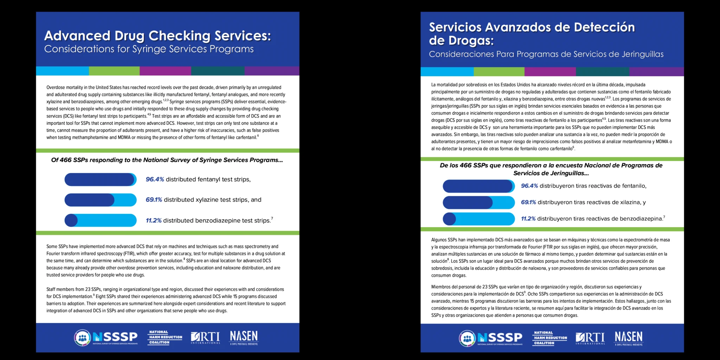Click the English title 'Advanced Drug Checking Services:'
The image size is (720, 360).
click(x=157, y=36)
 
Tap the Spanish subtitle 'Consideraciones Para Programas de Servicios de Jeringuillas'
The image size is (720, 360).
click(x=546, y=54)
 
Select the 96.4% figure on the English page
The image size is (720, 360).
click(x=155, y=179)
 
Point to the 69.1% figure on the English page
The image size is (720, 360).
click(x=154, y=200)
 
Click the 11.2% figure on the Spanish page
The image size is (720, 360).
click(x=528, y=219)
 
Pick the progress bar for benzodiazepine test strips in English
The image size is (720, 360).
click(x=100, y=220)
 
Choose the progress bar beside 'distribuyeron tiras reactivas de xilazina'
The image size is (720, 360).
click(x=478, y=202)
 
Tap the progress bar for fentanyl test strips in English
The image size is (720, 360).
click(x=100, y=179)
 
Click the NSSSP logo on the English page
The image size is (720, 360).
click(x=106, y=337)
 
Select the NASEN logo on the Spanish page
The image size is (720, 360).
click(x=628, y=338)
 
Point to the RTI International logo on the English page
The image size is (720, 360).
click(x=205, y=337)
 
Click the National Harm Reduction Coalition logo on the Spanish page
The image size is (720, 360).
click(x=550, y=338)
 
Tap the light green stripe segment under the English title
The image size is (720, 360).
click(x=114, y=71)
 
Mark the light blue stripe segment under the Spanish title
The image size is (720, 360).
click(x=447, y=71)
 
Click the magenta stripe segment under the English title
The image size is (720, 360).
click(x=165, y=71)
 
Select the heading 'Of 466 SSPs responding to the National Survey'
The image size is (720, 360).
click(x=167, y=160)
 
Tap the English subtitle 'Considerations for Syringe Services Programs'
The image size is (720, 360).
click(x=149, y=49)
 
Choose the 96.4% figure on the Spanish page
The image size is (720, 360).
click(x=529, y=186)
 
